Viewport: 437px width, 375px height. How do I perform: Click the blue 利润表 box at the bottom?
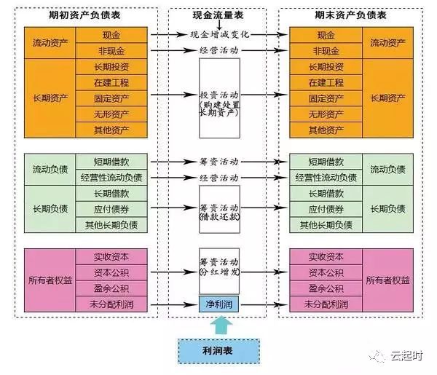pos(219,350)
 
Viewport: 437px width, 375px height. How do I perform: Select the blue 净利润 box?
pos(219,303)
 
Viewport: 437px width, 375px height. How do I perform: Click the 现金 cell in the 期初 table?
pos(112,34)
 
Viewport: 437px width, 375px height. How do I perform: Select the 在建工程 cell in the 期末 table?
pos(326,83)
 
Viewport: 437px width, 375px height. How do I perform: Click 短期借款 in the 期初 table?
pos(112,162)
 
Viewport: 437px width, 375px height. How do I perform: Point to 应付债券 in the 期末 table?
pos(326,209)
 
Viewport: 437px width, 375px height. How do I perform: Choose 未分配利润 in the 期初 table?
pos(112,304)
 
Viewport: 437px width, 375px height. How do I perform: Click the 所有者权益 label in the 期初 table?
pos(50,280)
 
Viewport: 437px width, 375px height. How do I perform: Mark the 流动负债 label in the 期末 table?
pos(387,170)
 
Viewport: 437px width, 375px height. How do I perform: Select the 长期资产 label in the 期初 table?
pos(50,98)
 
